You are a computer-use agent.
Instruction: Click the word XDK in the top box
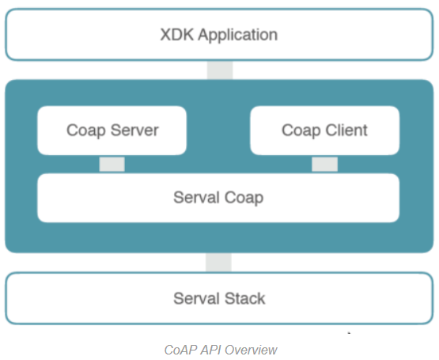coord(177,35)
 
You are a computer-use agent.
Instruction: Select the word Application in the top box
coord(238,36)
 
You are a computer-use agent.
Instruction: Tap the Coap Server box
coord(112,131)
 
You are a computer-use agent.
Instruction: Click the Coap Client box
coord(325,131)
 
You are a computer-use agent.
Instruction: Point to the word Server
coord(134,131)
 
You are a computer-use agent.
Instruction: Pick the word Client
coord(346,131)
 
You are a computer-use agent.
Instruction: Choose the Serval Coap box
coord(218,198)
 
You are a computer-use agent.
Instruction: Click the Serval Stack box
coord(220,298)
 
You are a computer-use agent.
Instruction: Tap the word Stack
coord(244,298)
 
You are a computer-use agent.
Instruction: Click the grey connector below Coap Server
coord(112,164)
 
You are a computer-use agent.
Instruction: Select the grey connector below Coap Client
coord(325,164)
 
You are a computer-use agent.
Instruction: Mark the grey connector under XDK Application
coord(220,70)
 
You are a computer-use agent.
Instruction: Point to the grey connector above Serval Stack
coord(218,262)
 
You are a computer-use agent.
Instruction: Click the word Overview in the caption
coord(251,350)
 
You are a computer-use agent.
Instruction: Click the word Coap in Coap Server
coord(86,131)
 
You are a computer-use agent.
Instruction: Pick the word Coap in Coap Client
coord(301,131)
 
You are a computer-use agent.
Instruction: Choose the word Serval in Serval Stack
coord(197,298)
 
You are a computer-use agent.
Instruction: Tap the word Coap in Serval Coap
coord(244,198)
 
